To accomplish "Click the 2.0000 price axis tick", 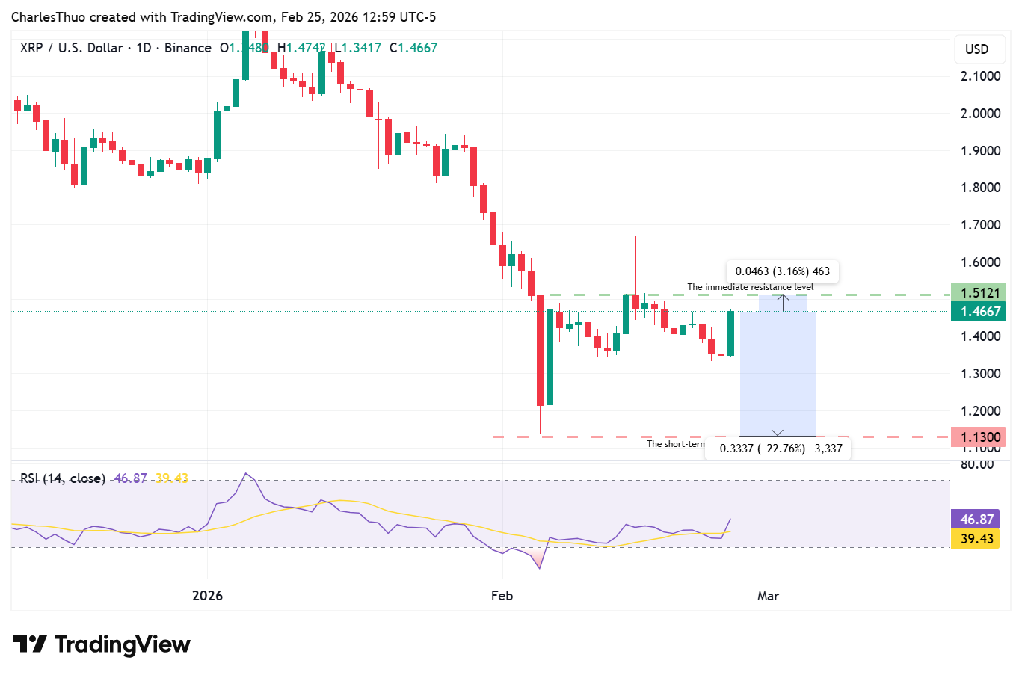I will pyautogui.click(x=980, y=114).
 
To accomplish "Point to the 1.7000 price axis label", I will pyautogui.click(x=980, y=225).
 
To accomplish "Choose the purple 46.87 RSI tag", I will pyautogui.click(x=976, y=520).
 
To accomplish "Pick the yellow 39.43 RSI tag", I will pyautogui.click(x=976, y=539).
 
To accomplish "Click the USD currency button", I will pyautogui.click(x=976, y=49).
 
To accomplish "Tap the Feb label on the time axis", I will pyautogui.click(x=502, y=596).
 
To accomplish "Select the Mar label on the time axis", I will pyautogui.click(x=768, y=596).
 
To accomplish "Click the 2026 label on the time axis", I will pyautogui.click(x=207, y=596).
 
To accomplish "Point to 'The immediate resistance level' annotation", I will pyautogui.click(x=750, y=287).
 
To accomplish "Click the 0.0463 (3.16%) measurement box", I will pyautogui.click(x=782, y=271).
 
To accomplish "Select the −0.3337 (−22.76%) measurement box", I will pyautogui.click(x=778, y=449).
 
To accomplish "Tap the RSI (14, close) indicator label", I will pyautogui.click(x=62, y=478).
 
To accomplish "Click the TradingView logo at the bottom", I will pyautogui.click(x=102, y=644).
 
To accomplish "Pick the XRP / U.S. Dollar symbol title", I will pyautogui.click(x=71, y=48).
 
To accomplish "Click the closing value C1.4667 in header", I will pyautogui.click(x=413, y=48).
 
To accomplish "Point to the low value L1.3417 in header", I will pyautogui.click(x=357, y=48).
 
